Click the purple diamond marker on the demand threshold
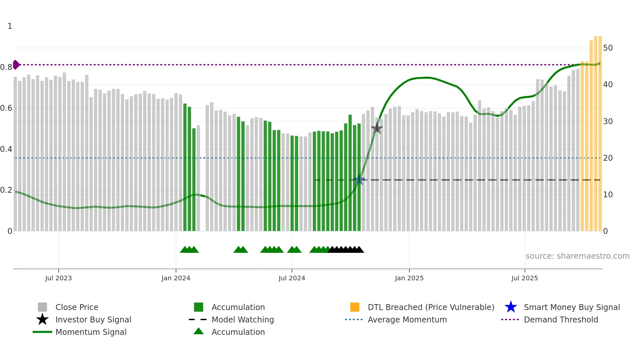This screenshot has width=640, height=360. coord(16,65)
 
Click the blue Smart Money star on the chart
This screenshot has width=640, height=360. coord(359,180)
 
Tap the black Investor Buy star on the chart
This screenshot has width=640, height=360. coord(377,128)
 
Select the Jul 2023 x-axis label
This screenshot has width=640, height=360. coord(58,278)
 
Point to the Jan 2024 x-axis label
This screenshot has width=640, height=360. coord(176,278)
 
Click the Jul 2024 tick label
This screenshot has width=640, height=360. coord(292,278)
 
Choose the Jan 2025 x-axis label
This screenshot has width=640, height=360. coord(409,278)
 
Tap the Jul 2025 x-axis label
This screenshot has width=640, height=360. coord(525,278)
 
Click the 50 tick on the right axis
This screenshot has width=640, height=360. coord(608,48)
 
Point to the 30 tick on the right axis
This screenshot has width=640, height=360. coord(608,122)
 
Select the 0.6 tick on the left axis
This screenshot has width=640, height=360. coord(6,108)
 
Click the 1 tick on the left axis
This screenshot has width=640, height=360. coord(10,26)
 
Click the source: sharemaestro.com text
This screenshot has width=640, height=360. coord(577,256)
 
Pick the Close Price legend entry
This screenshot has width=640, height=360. coord(77,307)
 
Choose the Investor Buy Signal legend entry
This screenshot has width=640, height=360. coord(93,319)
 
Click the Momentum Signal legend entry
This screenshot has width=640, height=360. coord(91,332)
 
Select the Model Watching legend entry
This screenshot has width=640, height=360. coord(243,319)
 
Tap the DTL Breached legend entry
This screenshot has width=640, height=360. coord(431,307)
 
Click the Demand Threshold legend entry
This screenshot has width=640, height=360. coord(561,319)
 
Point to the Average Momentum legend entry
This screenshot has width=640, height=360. coord(407,319)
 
